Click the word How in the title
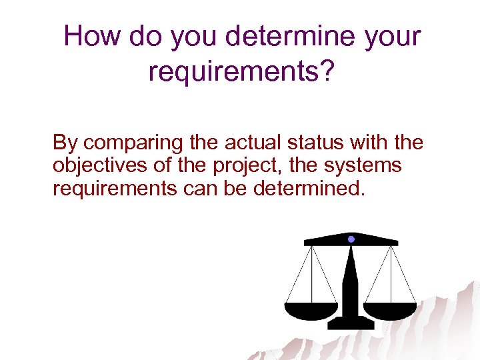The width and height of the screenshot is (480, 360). click(x=93, y=36)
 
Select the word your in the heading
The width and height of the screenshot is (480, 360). click(x=393, y=37)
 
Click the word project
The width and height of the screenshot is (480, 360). click(x=229, y=165)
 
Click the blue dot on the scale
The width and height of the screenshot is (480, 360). click(x=351, y=238)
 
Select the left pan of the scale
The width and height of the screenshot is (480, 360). click(x=311, y=310)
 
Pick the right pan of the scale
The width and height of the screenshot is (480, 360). click(x=390, y=310)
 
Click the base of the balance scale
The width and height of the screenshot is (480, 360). click(x=351, y=324)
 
